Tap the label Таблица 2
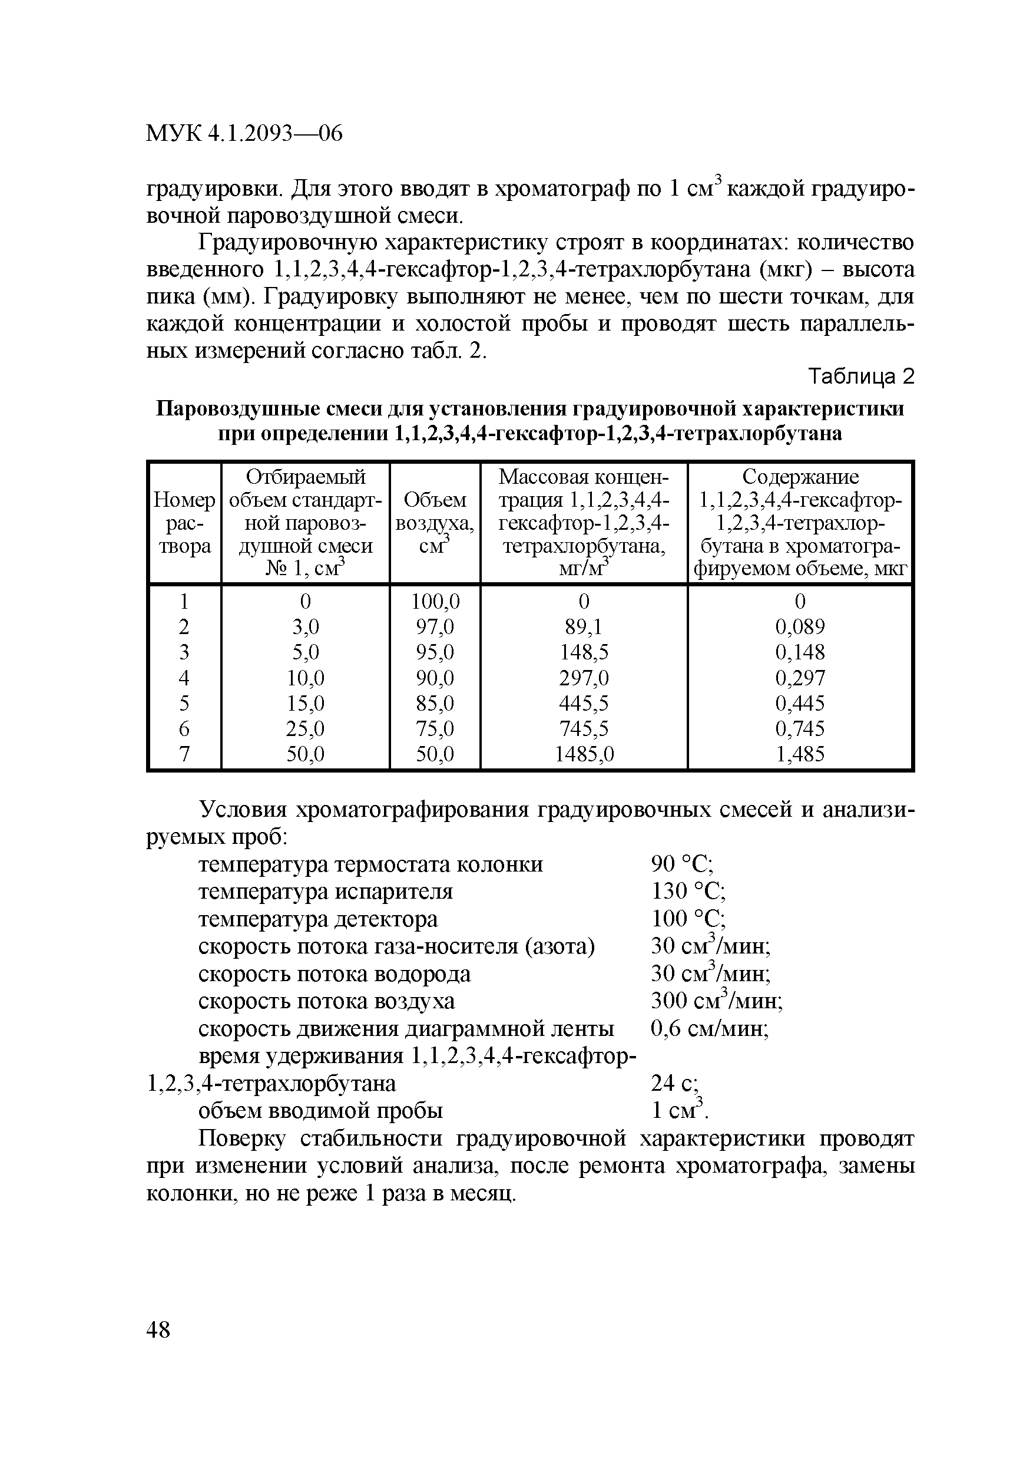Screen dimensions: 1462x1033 861,378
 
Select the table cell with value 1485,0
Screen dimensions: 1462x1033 584,754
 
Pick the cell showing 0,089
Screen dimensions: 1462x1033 799,627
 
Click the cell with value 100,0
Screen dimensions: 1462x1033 435,602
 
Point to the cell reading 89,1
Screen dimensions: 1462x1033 584,627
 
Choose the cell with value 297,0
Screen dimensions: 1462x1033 584,678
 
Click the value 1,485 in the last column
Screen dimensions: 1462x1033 799,754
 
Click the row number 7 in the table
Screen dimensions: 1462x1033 184,754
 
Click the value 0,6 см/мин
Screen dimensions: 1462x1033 710,1029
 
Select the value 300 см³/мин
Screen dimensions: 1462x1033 717,1002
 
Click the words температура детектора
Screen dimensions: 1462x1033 318,919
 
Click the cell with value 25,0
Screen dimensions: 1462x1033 306,729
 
